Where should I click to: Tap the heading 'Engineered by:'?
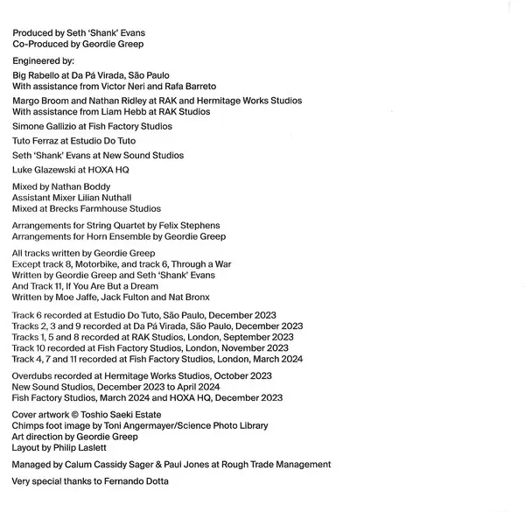[44, 61]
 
